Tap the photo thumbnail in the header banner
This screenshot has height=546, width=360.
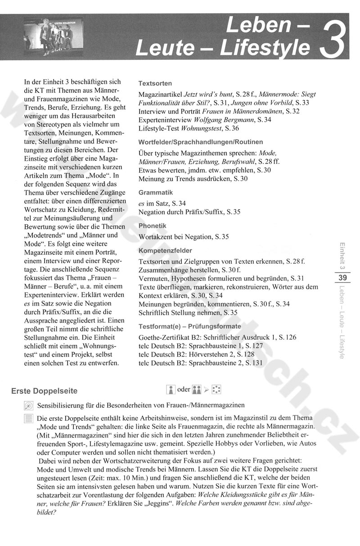pyautogui.click(x=54, y=36)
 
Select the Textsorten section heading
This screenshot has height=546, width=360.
pyautogui.click(x=155, y=84)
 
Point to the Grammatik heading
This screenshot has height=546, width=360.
pyautogui.click(x=155, y=192)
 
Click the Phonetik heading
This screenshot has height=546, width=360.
pyautogui.click(x=153, y=226)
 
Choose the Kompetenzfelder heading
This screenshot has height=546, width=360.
pyautogui.click(x=165, y=250)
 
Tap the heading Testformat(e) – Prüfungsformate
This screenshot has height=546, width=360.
pyautogui.click(x=189, y=326)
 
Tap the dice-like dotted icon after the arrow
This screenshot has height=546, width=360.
pyautogui.click(x=216, y=389)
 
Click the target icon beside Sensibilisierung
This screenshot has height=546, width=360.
pyautogui.click(x=28, y=405)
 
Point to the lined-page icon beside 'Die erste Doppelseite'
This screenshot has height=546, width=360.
pyautogui.click(x=28, y=419)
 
